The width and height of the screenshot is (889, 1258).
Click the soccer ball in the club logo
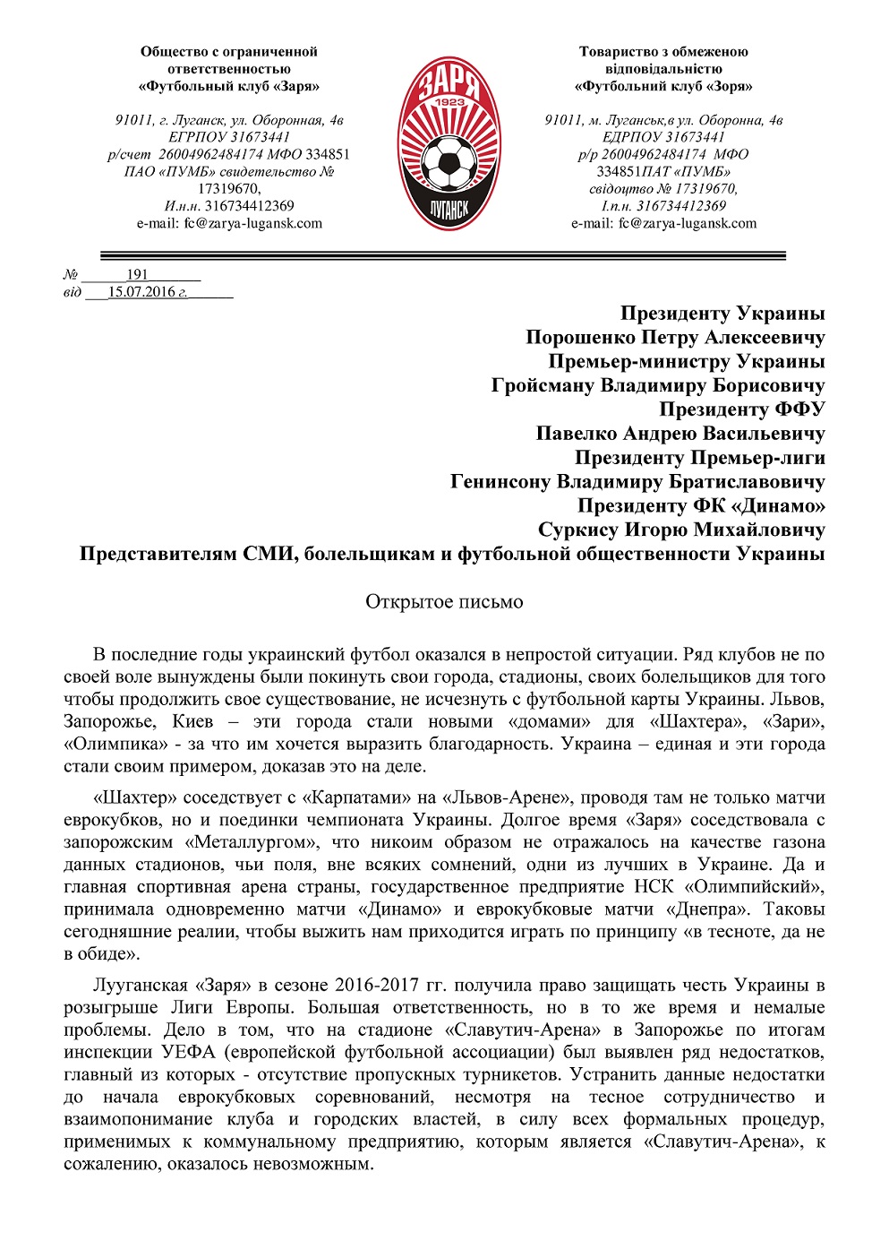coord(444,164)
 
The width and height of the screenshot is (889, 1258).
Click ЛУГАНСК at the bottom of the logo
coord(444,209)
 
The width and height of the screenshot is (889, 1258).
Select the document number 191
coord(137,275)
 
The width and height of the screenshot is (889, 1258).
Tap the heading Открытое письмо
coord(444,602)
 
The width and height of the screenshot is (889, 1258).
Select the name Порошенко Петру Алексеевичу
coord(675,338)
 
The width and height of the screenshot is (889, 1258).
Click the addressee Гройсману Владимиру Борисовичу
coord(658,386)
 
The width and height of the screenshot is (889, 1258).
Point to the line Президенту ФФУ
coord(742,409)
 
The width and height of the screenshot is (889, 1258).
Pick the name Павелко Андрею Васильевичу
coord(680,434)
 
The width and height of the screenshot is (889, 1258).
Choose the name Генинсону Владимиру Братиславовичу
coord(637,482)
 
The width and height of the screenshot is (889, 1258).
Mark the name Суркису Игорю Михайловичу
coord(681,530)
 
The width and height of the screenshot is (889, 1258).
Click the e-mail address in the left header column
coord(229,223)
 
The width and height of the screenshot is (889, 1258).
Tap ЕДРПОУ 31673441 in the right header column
coord(663,137)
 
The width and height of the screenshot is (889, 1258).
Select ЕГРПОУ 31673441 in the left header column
coord(229,137)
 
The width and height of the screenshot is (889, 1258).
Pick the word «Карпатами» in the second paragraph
coord(346,797)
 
